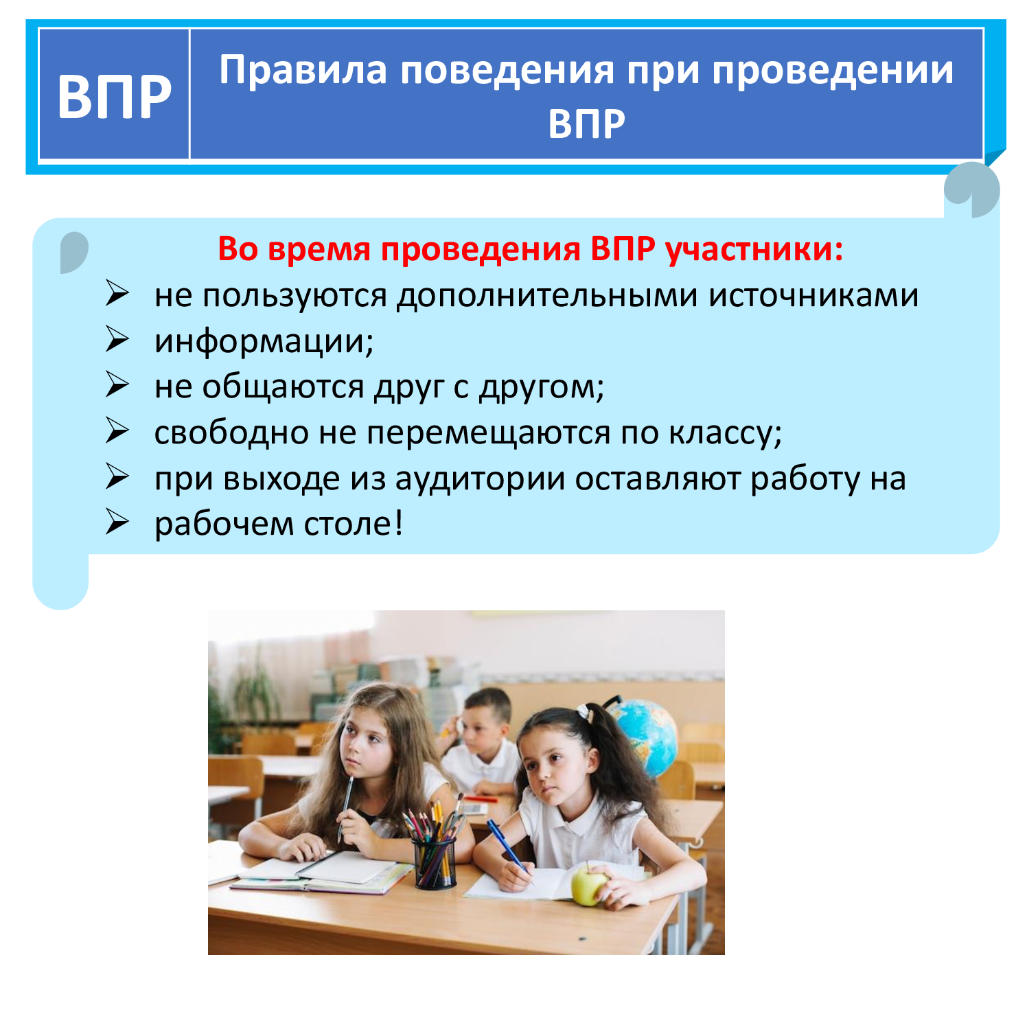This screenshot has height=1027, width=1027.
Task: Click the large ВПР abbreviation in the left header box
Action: tap(114, 96)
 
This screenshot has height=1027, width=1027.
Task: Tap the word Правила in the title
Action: tap(303, 70)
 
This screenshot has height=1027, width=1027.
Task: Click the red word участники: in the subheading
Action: tap(754, 249)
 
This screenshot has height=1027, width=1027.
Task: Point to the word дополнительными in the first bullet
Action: tap(548, 296)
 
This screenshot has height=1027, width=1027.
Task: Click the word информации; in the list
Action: tap(264, 341)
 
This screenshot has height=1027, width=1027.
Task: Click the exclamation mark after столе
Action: tap(399, 523)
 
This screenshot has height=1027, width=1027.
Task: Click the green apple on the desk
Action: tap(589, 885)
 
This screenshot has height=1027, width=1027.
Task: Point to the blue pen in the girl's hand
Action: tap(507, 846)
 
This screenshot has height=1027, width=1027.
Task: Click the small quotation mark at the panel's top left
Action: tap(74, 252)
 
